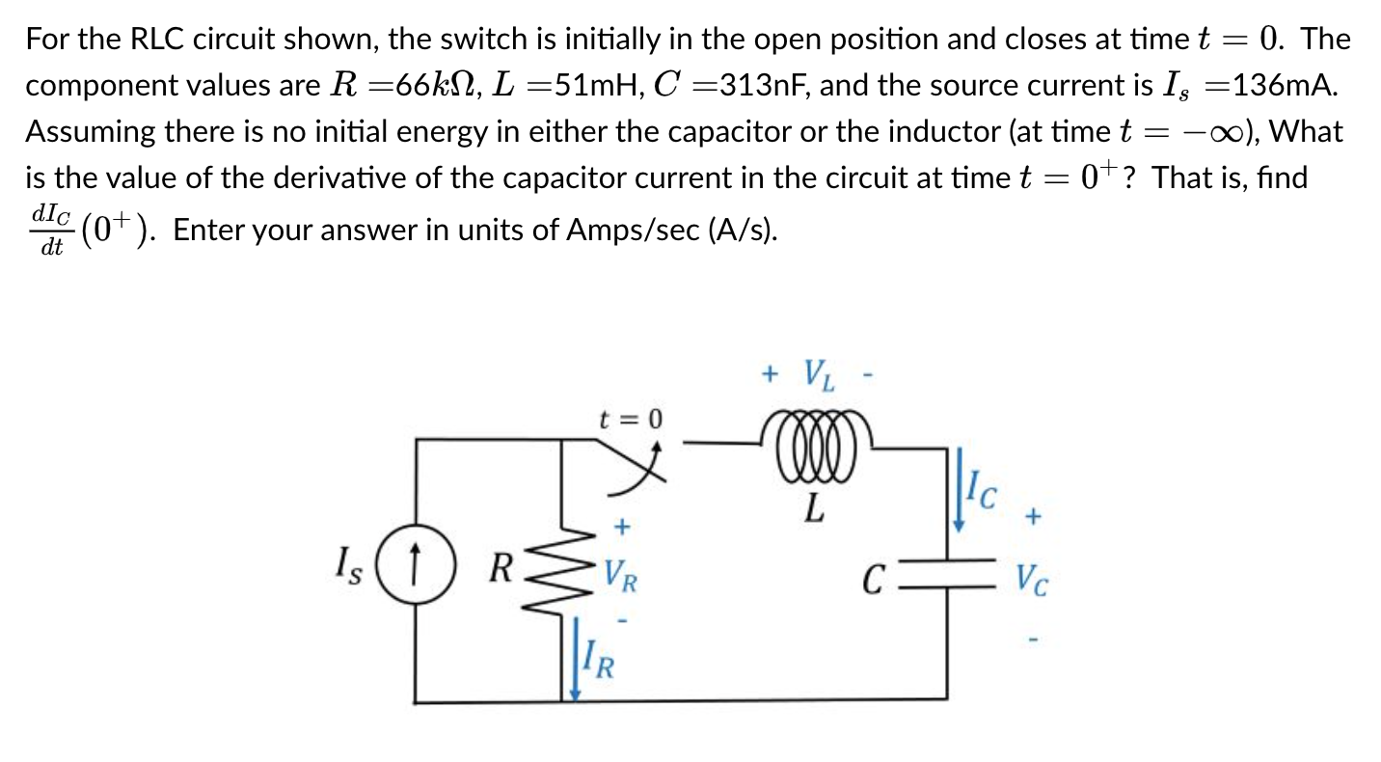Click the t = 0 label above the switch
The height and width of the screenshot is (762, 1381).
(632, 419)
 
